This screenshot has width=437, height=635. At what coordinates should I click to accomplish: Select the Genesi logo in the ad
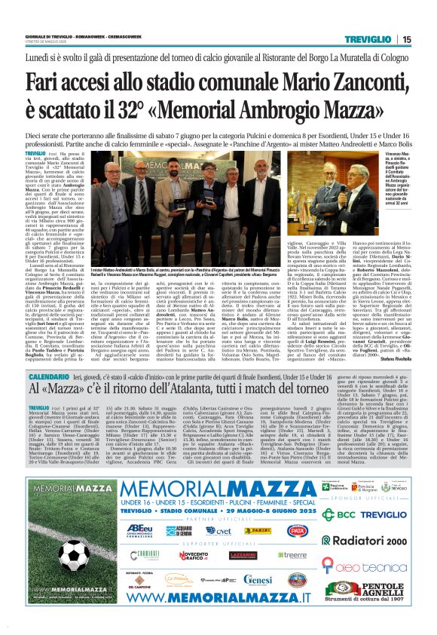(258, 580)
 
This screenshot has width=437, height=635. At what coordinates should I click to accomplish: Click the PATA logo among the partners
(297, 530)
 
